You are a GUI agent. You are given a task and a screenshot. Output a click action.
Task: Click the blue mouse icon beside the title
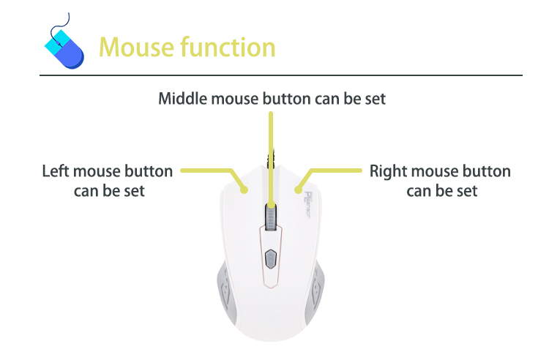click(64, 48)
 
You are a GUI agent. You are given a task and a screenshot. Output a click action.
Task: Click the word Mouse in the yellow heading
click(137, 48)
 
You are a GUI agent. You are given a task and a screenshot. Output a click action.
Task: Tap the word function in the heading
click(228, 47)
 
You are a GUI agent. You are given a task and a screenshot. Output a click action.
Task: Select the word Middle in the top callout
click(182, 98)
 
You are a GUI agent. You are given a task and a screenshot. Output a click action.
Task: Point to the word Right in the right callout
click(388, 172)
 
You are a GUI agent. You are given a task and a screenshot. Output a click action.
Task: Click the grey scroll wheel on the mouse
click(271, 217)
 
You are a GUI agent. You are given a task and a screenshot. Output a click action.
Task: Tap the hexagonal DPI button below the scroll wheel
click(271, 259)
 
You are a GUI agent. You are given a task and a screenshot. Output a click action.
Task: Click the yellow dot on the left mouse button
click(244, 190)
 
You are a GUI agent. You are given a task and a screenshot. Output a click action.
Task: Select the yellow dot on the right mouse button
click(298, 190)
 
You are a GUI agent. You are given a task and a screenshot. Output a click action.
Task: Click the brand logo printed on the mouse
click(307, 205)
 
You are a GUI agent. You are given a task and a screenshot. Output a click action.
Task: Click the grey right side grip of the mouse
click(315, 290)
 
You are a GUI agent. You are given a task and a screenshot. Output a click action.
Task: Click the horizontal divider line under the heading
click(281, 75)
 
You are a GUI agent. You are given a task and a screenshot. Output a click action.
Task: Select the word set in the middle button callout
click(375, 99)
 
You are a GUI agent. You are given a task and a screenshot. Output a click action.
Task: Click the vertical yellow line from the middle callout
click(271, 160)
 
